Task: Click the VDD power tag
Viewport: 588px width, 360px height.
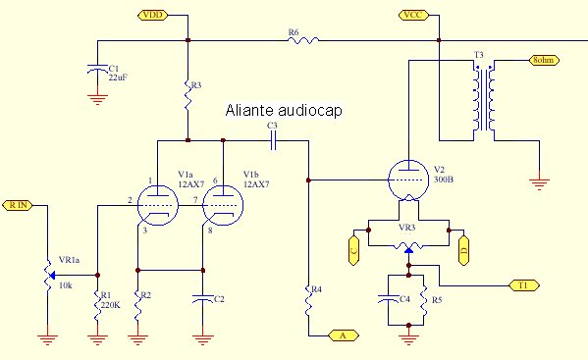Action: pyautogui.click(x=152, y=15)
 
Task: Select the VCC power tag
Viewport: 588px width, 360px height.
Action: pyautogui.click(x=413, y=15)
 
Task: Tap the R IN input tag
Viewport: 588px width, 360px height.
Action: pyautogui.click(x=18, y=205)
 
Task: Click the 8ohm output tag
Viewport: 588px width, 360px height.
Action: pyautogui.click(x=544, y=60)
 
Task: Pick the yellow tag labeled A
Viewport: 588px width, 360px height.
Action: pyautogui.click(x=344, y=335)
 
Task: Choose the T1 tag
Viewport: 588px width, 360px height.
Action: pyautogui.click(x=524, y=285)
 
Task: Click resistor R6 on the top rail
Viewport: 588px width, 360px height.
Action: pyautogui.click(x=303, y=40)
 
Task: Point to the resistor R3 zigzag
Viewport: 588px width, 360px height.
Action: pyautogui.click(x=187, y=95)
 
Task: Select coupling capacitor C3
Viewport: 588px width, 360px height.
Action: pyautogui.click(x=273, y=141)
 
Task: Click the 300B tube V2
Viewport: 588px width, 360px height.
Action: pyautogui.click(x=408, y=180)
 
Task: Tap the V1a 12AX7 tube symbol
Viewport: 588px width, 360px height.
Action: pyautogui.click(x=157, y=205)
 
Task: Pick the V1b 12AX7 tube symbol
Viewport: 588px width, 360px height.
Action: pyautogui.click(x=223, y=205)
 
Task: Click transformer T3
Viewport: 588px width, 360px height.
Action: pyautogui.click(x=483, y=98)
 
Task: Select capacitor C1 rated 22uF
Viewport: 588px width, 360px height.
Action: pyautogui.click(x=97, y=70)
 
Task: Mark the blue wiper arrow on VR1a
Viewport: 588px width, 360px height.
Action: pyautogui.click(x=52, y=276)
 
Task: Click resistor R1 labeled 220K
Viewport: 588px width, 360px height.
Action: pyautogui.click(x=97, y=305)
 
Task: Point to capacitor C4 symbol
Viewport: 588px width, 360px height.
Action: pyautogui.click(x=388, y=298)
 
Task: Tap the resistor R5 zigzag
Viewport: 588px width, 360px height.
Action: pyautogui.click(x=424, y=300)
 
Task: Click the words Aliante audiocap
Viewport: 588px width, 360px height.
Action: pyautogui.click(x=284, y=111)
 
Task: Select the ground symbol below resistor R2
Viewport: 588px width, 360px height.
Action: pyautogui.click(x=137, y=339)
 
